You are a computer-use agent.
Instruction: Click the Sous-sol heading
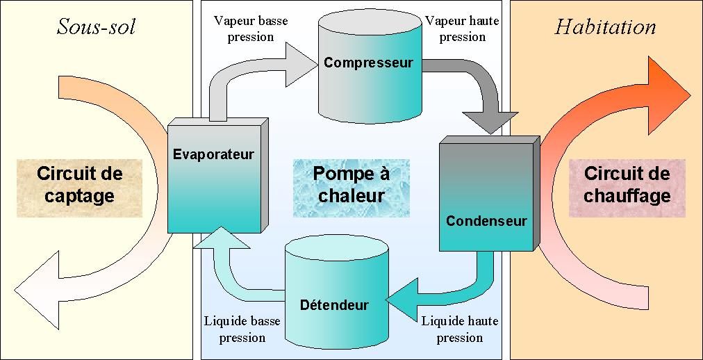tap(96, 27)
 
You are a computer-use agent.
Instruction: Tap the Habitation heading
tap(605, 27)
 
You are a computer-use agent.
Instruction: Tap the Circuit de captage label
tap(79, 184)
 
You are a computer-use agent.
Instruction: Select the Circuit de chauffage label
tap(627, 184)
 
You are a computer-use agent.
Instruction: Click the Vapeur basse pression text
tap(251, 28)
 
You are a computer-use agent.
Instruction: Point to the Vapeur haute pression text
tap(461, 28)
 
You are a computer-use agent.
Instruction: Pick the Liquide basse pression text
tap(242, 329)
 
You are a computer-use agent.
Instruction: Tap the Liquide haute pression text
tap(460, 329)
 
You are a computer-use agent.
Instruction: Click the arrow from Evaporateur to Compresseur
tap(250, 69)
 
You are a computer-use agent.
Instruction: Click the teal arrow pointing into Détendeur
tap(445, 292)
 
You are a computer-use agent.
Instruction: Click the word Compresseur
tap(368, 63)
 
